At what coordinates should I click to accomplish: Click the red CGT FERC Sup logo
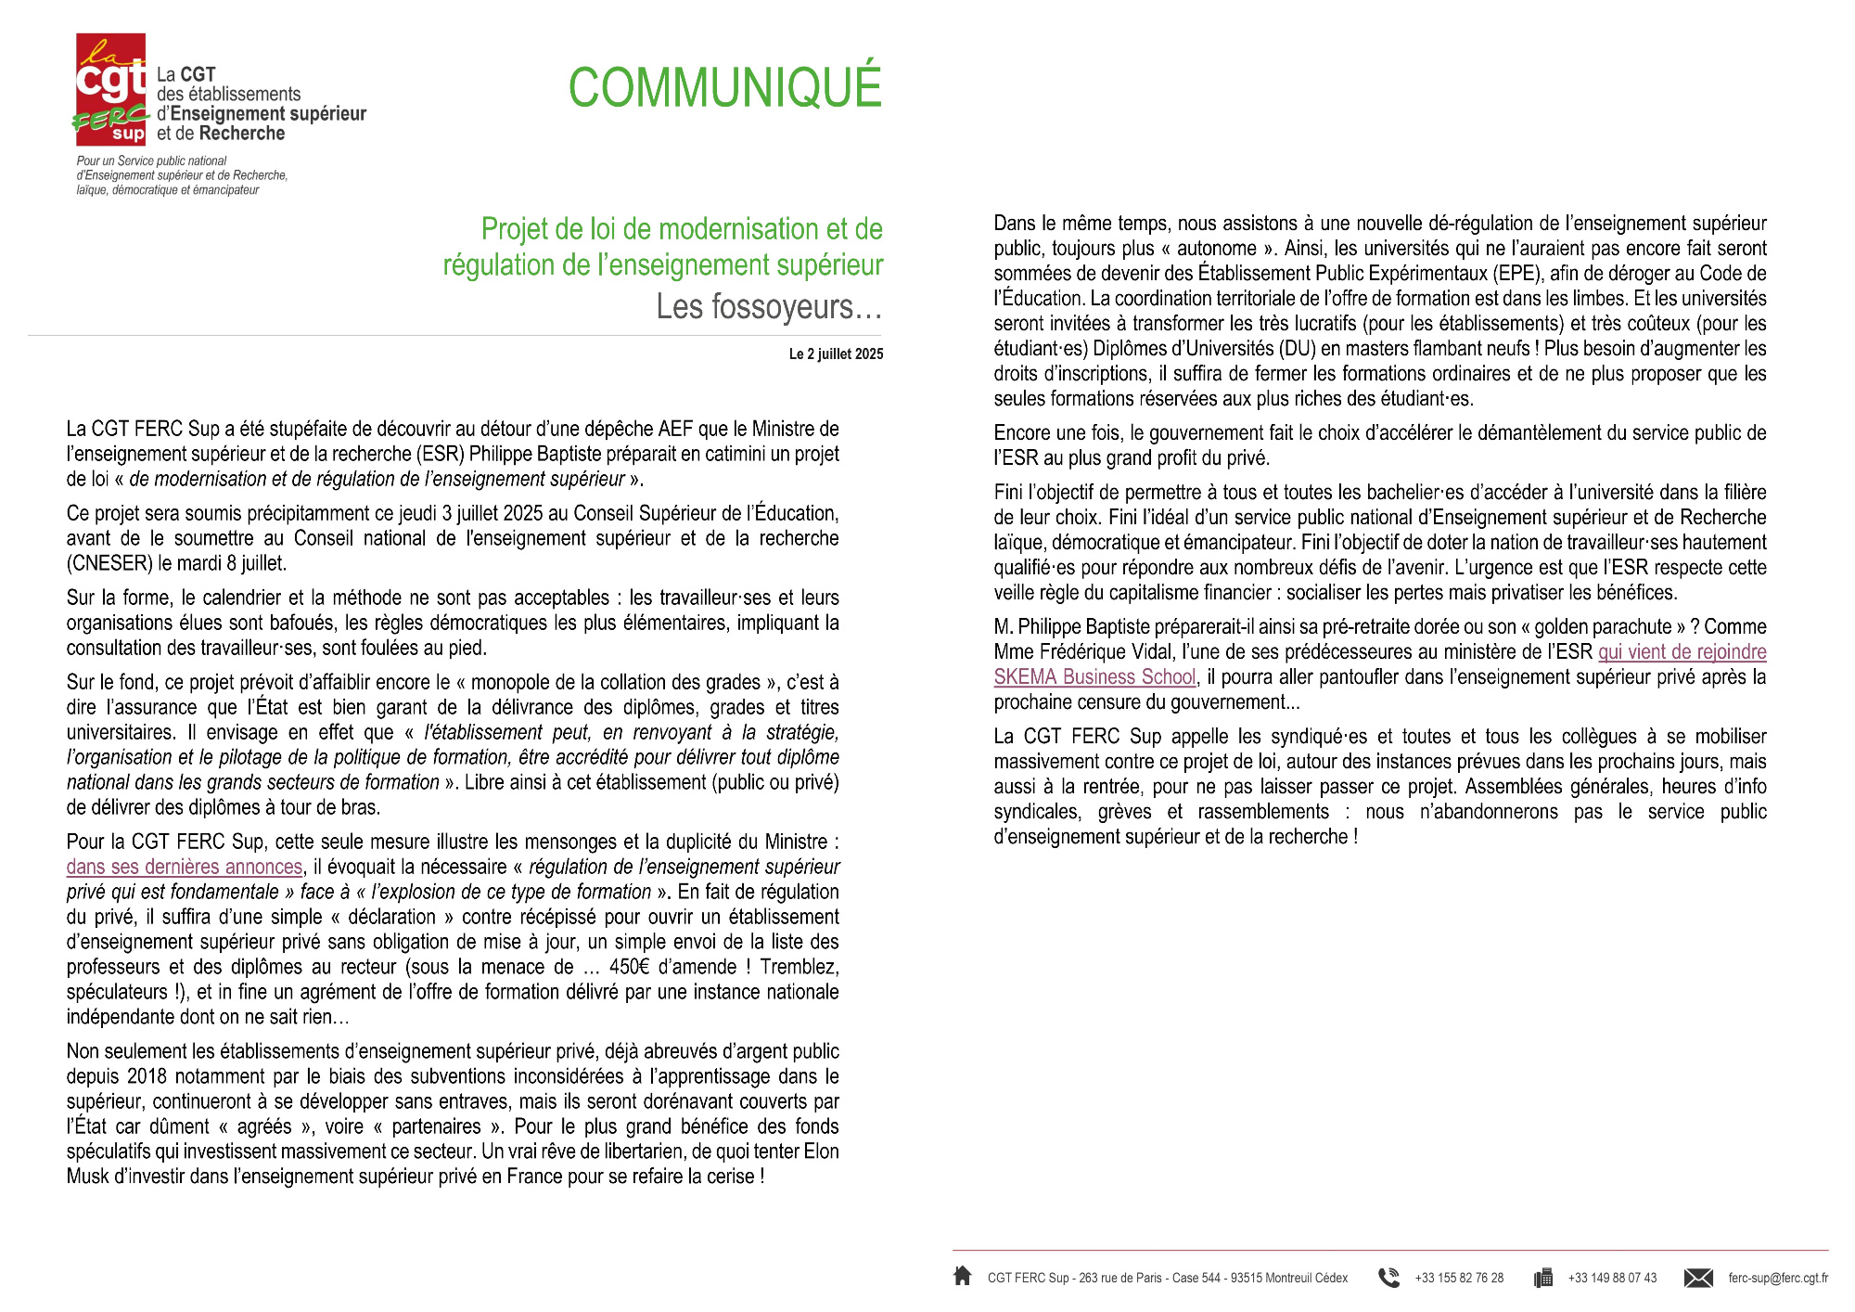pos(110,90)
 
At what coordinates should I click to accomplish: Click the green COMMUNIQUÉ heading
pos(724,87)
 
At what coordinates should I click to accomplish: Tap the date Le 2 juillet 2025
pos(836,354)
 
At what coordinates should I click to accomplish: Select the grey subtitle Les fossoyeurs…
pos(769,306)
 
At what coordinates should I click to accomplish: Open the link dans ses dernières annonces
pos(185,867)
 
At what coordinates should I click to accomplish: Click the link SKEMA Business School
pos(1094,677)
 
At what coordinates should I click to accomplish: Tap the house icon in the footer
pos(963,1277)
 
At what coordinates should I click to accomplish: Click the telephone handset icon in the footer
pos(1388,1278)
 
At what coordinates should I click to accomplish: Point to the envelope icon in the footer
pos(1698,1278)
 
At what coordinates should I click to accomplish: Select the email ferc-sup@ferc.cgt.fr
pos(1778,1278)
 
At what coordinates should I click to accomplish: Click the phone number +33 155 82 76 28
pos(1459,1278)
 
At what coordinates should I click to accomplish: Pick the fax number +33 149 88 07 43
pos(1612,1278)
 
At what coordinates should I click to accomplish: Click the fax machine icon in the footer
pos(1543,1278)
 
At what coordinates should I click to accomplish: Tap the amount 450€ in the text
pos(630,967)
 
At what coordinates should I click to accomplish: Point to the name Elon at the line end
pos(820,1151)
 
